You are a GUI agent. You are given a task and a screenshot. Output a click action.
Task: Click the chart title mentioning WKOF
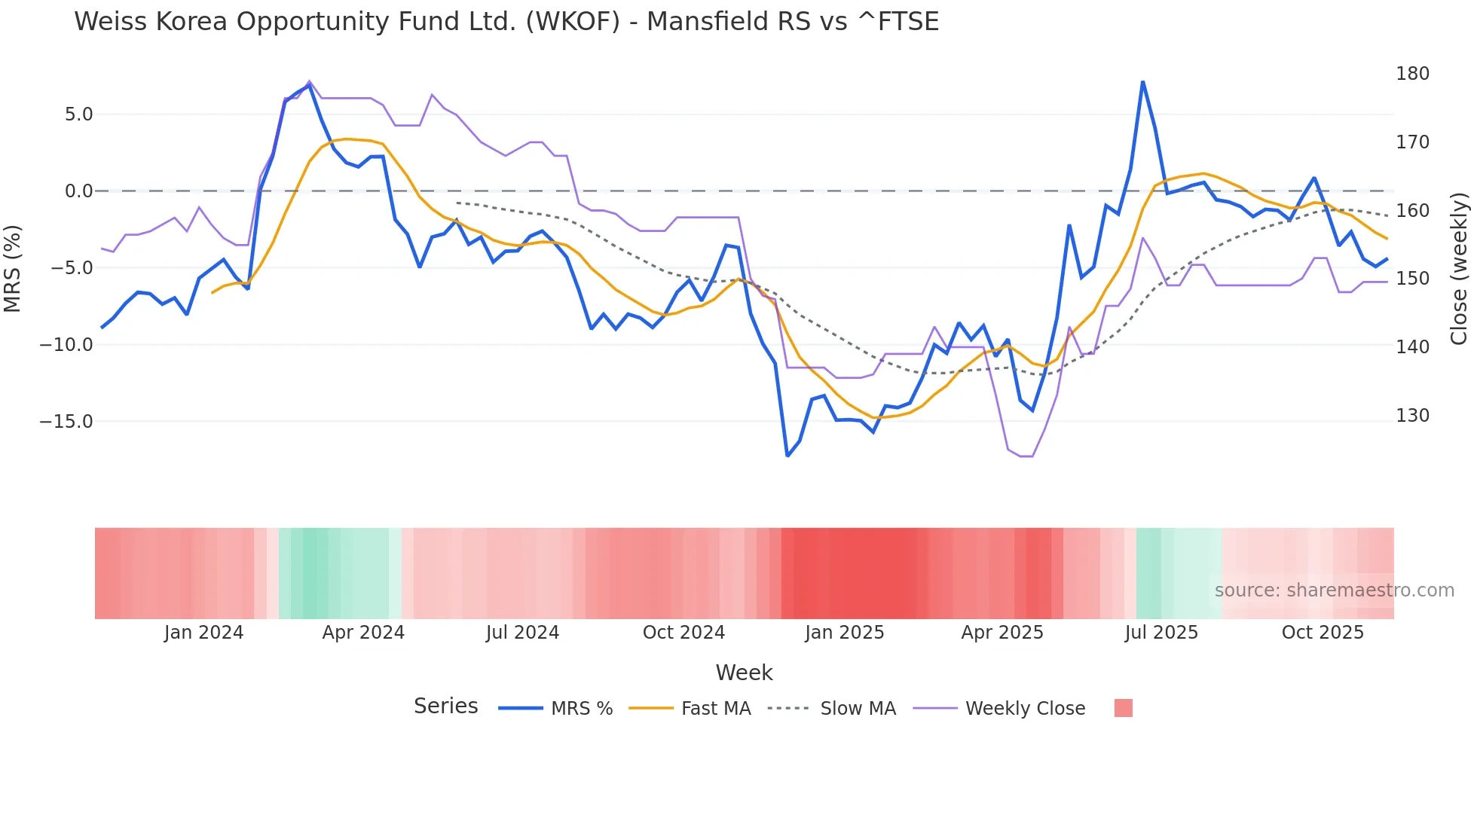tap(506, 22)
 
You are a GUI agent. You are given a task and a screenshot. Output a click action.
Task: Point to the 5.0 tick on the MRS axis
tap(78, 114)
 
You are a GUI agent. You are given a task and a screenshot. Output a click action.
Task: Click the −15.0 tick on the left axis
tap(66, 422)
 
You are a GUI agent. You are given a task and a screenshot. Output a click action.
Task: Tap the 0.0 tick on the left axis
tap(78, 191)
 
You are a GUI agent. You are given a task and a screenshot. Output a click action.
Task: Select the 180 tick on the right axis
tap(1412, 74)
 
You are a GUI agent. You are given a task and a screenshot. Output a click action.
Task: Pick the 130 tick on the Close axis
tap(1412, 416)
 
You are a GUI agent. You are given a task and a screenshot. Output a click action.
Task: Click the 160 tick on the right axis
tap(1412, 211)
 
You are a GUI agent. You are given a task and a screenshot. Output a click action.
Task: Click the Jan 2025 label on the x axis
tap(844, 633)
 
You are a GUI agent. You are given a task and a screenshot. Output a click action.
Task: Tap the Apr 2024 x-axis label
tap(363, 633)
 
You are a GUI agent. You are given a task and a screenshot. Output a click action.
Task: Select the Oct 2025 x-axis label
tap(1323, 633)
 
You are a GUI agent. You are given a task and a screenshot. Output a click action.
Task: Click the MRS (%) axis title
tap(13, 268)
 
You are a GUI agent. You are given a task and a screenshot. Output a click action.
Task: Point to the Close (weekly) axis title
tap(1460, 268)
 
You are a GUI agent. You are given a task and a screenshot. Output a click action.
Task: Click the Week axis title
tap(744, 673)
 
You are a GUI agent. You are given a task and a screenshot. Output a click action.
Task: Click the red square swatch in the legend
tap(1123, 708)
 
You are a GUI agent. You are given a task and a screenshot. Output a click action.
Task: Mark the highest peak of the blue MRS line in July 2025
tap(1142, 81)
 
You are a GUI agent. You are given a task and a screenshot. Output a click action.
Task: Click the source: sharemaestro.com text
tap(1334, 590)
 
